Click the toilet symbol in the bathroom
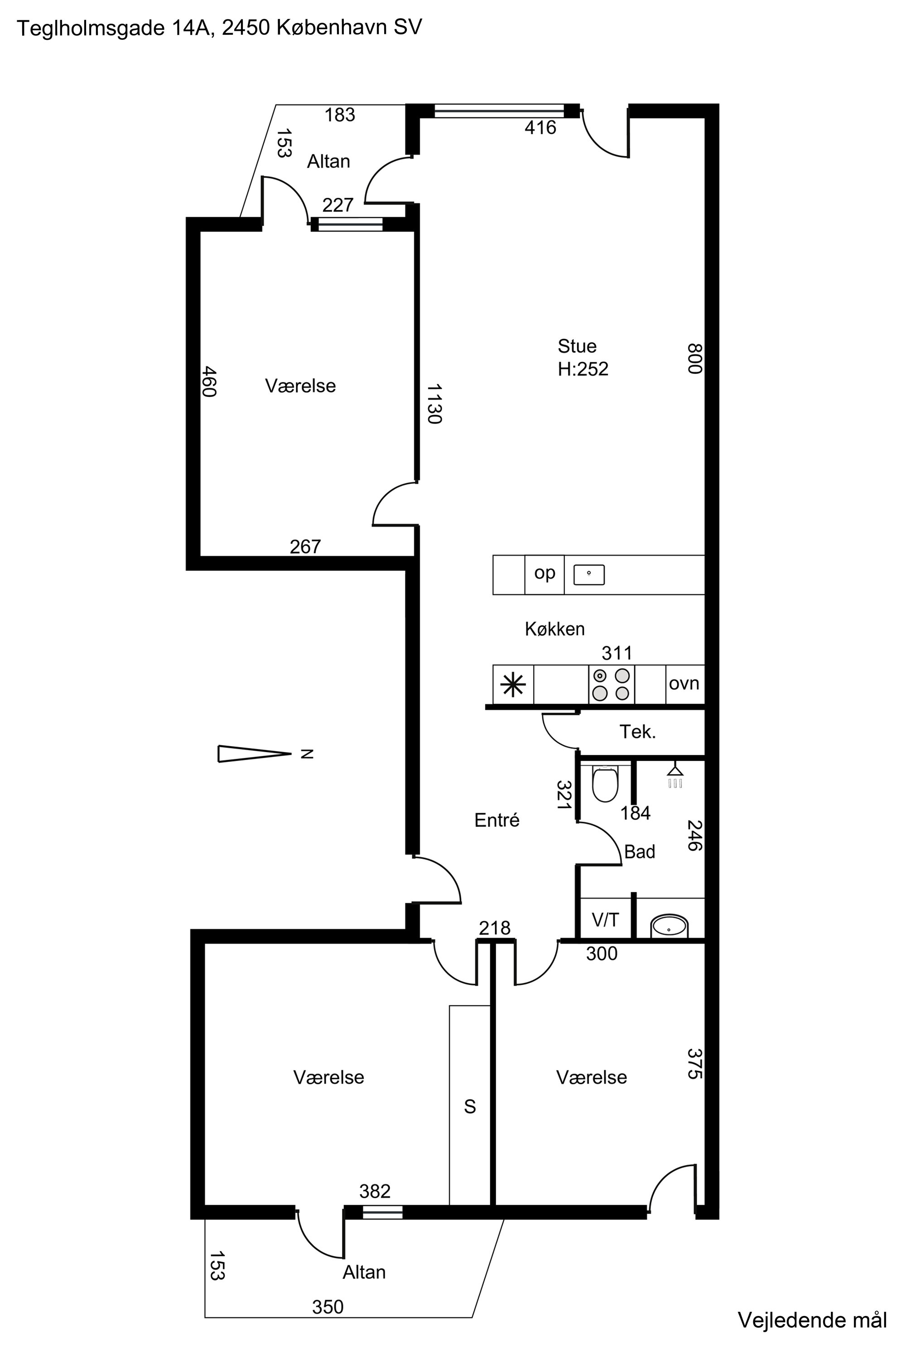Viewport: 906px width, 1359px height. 605,784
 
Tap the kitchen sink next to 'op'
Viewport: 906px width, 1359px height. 589,575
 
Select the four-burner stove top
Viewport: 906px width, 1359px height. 611,684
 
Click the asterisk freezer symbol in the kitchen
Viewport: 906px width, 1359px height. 513,684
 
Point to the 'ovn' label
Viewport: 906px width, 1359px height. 684,684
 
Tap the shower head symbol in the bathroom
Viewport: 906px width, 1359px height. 675,776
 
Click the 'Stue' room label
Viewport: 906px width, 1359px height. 577,346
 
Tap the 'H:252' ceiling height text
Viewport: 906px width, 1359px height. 583,369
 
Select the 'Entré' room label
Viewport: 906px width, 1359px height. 497,820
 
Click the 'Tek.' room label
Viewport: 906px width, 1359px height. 638,732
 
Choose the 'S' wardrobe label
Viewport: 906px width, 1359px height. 470,1107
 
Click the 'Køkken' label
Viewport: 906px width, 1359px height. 554,629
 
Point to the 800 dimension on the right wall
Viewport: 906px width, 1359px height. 694,358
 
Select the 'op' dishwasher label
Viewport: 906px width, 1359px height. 545,573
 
